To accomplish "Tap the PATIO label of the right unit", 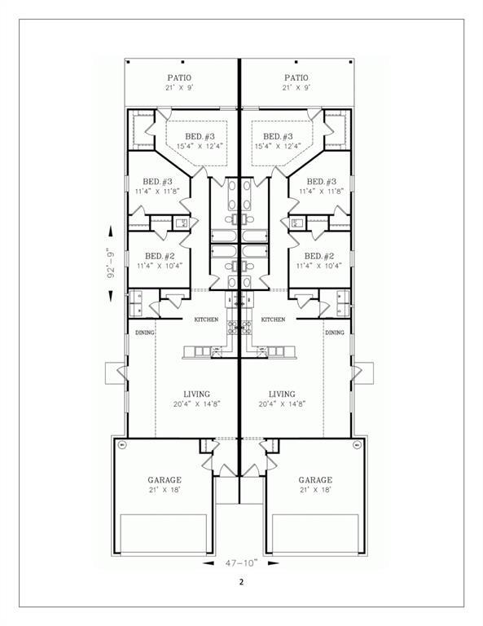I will tap(295, 77).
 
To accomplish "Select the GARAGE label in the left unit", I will tap(165, 480).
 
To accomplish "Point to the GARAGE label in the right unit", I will tap(314, 480).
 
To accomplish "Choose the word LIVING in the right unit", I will tap(282, 393).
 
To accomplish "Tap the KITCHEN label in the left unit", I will tap(206, 320).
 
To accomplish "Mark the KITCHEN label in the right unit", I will tap(274, 320).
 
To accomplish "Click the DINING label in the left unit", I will tap(144, 333).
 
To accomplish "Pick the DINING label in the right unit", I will tap(335, 333).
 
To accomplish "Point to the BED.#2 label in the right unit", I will tap(321, 255).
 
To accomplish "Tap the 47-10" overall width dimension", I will tap(240, 563).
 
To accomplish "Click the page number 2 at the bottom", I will tap(241, 582).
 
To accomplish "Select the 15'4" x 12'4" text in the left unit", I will tap(200, 146).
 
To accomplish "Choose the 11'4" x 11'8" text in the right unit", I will tap(321, 192).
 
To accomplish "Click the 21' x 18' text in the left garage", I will tap(165, 491).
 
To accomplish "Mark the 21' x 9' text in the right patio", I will tap(295, 87).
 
